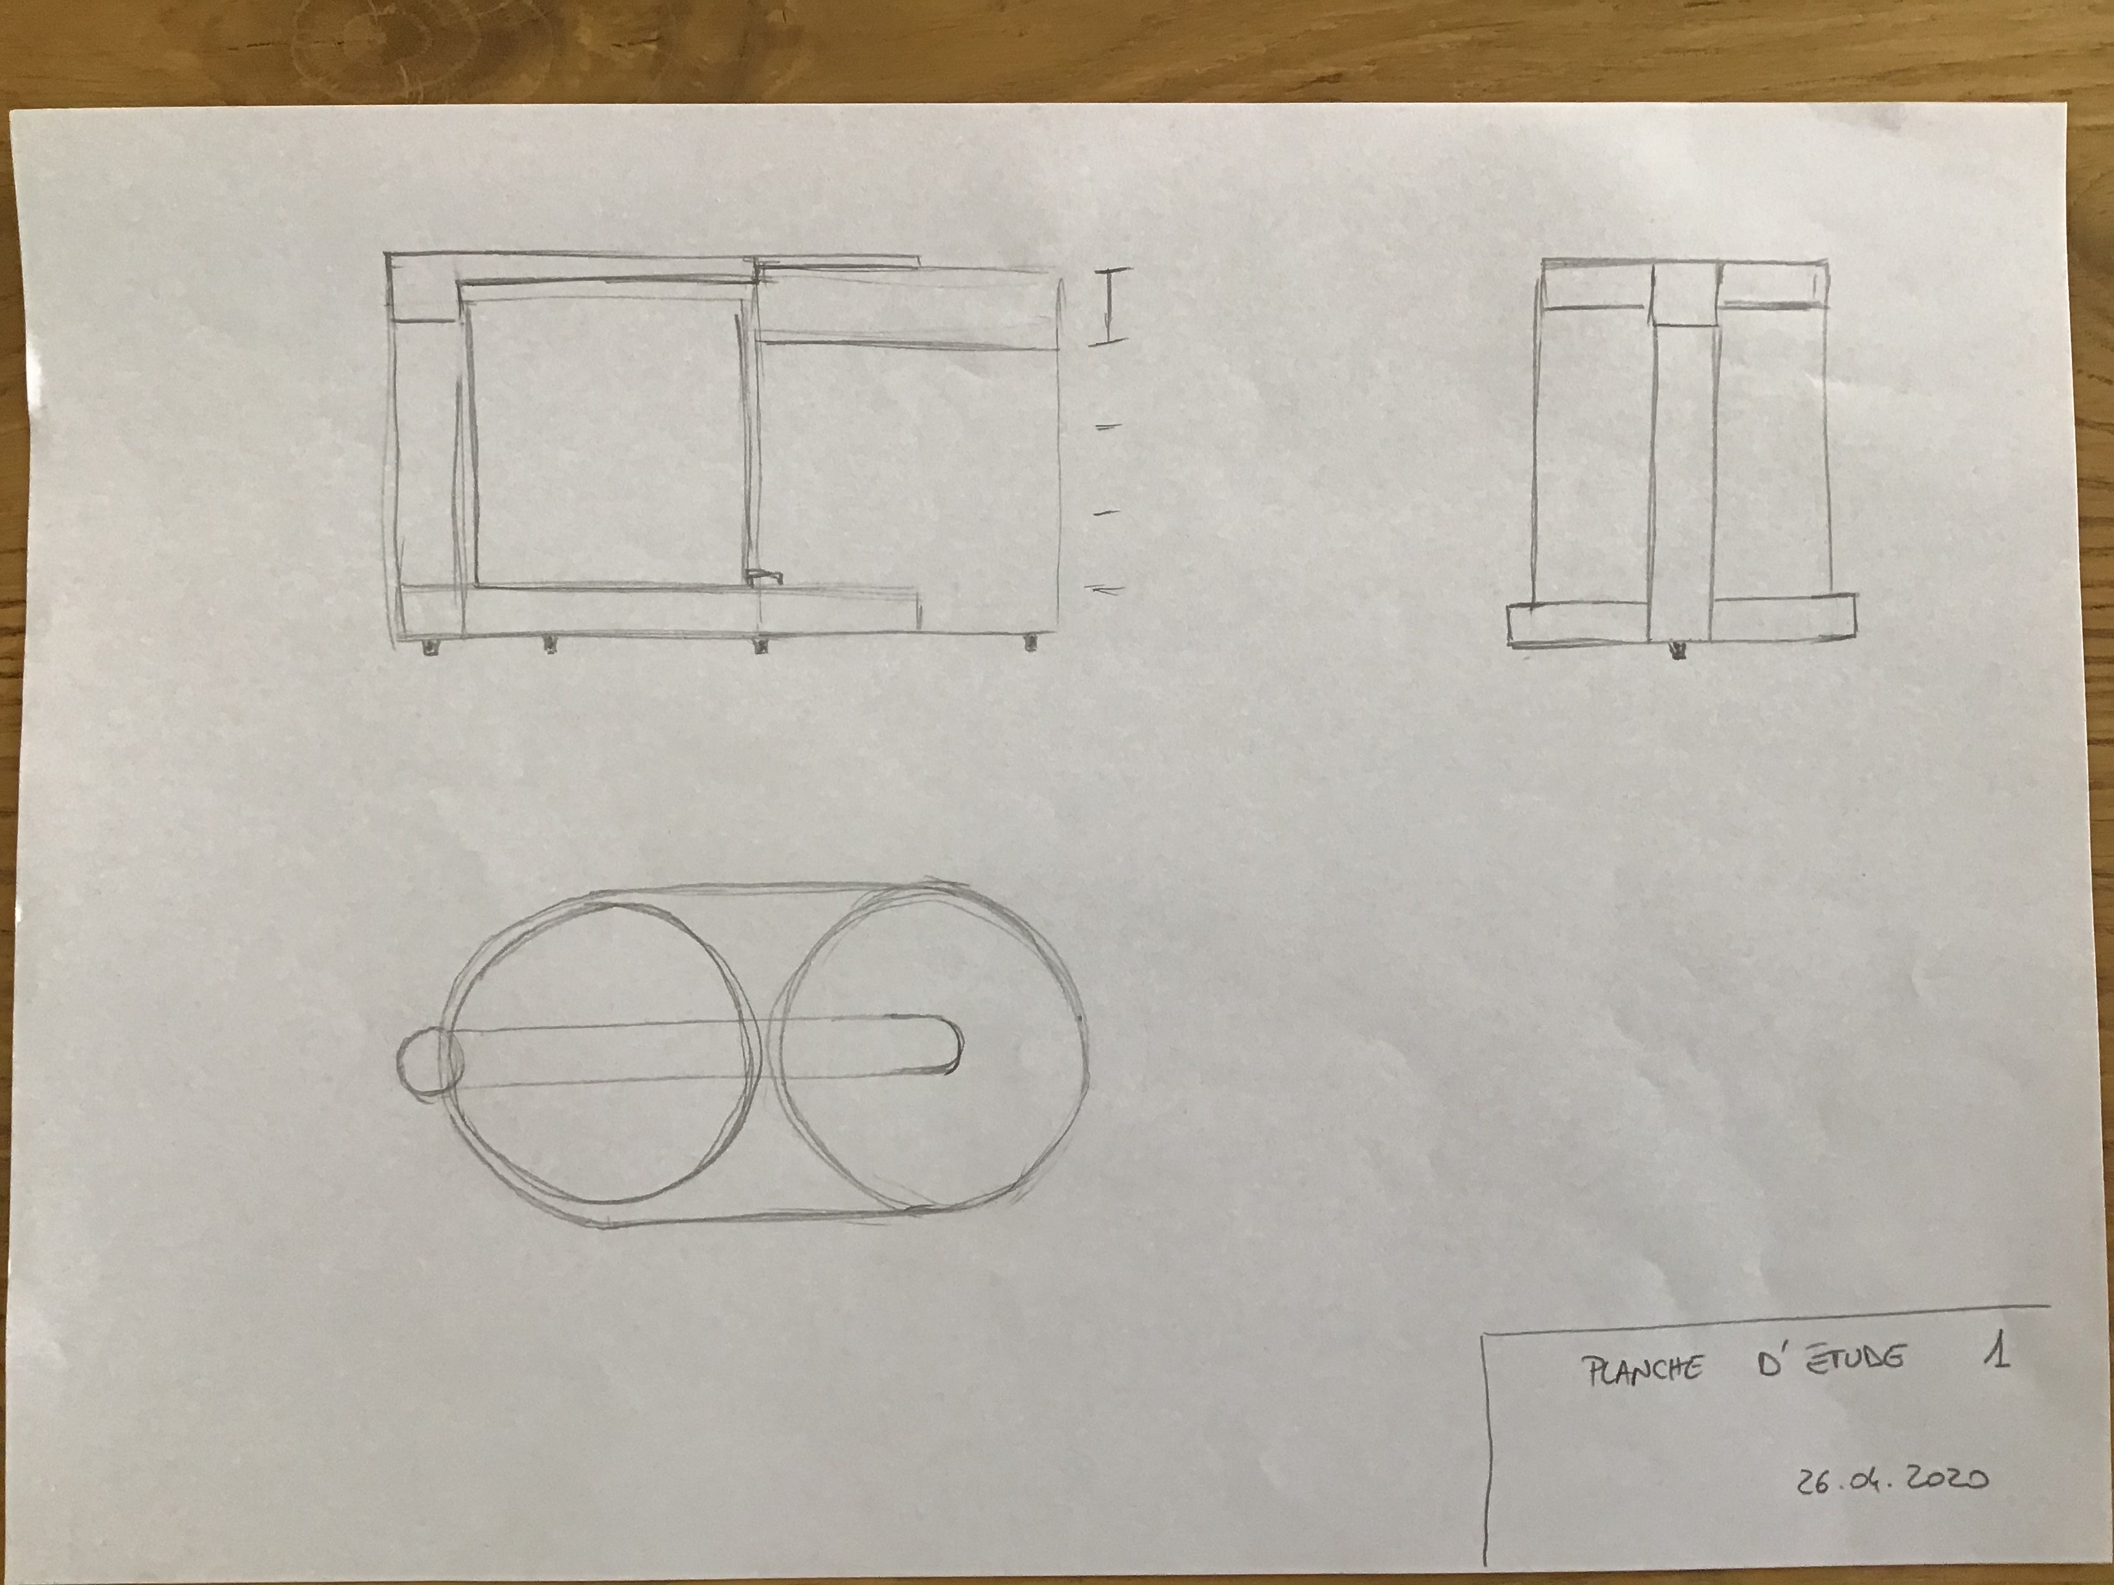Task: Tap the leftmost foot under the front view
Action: (430, 647)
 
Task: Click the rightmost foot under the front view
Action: (1031, 643)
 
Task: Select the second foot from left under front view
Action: (549, 646)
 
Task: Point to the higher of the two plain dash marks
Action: (1109, 427)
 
